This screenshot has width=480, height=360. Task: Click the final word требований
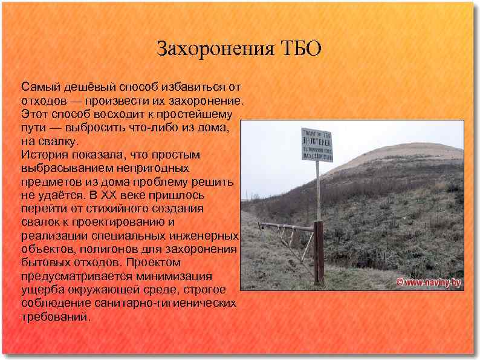(54, 316)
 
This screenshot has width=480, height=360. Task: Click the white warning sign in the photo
(317, 145)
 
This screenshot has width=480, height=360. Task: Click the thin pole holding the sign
(317, 191)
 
